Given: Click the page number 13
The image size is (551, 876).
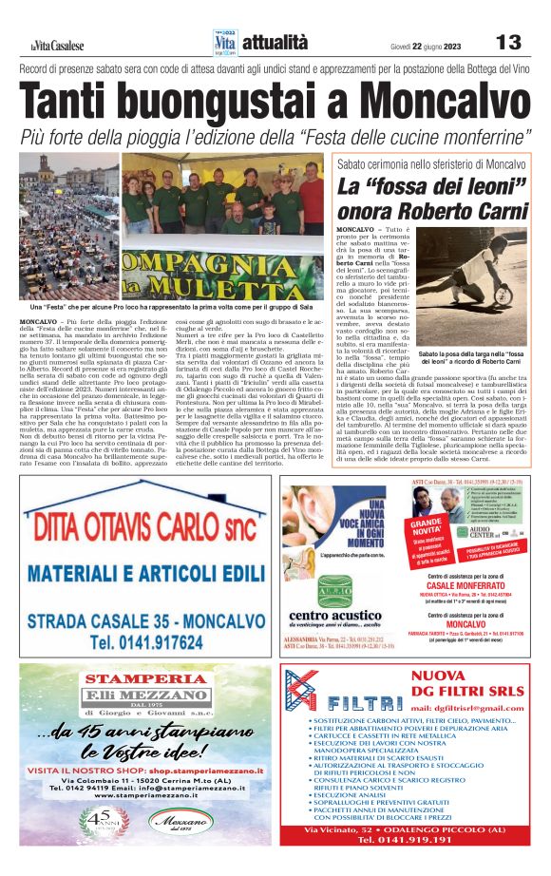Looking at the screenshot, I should coord(509,43).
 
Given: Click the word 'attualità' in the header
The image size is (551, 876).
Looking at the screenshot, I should coord(275,43).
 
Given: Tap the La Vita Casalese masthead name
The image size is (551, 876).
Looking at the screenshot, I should coord(56,45).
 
